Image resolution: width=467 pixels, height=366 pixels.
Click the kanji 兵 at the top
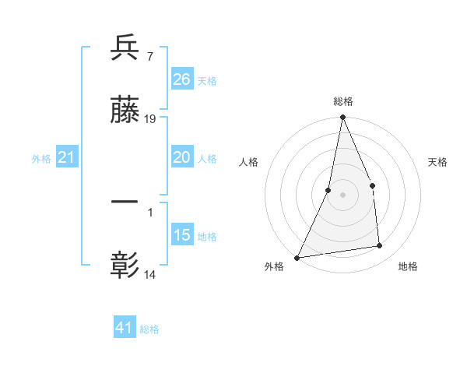(x=125, y=48)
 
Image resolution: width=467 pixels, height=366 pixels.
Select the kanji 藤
(x=125, y=111)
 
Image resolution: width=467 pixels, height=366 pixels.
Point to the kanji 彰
(x=125, y=266)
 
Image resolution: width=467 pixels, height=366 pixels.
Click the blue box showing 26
(x=182, y=79)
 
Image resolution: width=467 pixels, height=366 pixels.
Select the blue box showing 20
(x=182, y=157)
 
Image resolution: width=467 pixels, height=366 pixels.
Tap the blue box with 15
(x=182, y=235)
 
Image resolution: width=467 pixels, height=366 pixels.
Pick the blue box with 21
(x=66, y=157)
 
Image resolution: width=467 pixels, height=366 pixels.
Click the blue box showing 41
(x=125, y=328)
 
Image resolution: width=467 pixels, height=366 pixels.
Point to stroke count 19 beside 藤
(x=151, y=119)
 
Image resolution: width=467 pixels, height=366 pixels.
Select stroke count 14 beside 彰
(x=151, y=273)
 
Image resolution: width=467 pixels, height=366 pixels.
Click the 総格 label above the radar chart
(x=343, y=102)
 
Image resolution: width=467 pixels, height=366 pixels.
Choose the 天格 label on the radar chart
(x=438, y=162)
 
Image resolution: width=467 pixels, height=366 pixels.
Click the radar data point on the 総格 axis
(x=342, y=118)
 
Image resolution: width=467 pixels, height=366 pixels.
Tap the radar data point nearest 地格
(x=380, y=246)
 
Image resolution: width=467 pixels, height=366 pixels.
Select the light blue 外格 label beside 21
(x=41, y=158)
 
